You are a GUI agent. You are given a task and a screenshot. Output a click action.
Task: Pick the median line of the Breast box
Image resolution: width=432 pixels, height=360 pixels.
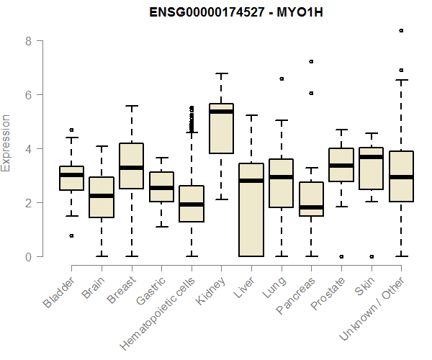[131, 168]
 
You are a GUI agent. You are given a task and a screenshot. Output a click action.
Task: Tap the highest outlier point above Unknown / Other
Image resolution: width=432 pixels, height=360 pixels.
[401, 31]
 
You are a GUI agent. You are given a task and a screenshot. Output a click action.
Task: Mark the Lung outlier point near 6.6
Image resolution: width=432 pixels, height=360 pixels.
[282, 78]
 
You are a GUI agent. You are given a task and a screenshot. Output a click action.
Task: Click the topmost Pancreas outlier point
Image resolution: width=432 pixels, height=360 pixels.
[311, 62]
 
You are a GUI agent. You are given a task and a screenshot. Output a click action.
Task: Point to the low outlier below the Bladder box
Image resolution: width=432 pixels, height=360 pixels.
[71, 235]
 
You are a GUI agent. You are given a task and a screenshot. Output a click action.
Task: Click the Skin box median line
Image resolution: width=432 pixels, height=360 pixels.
[372, 157]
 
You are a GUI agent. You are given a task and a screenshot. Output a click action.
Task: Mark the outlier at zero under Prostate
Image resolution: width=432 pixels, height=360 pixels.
[341, 256]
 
